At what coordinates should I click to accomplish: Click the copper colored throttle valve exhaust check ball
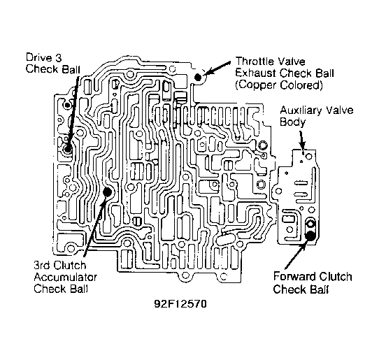tap(198, 77)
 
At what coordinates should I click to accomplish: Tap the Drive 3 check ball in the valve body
tap(67, 149)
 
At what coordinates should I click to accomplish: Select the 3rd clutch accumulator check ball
tap(107, 192)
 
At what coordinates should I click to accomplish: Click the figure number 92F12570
tap(180, 303)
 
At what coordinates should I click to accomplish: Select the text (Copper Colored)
tap(279, 85)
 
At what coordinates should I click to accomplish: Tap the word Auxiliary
tap(301, 110)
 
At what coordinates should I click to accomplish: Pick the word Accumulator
tap(65, 277)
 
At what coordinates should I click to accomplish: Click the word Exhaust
tap(256, 73)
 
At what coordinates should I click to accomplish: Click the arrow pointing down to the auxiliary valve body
tap(301, 141)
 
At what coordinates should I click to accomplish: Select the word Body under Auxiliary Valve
tap(292, 122)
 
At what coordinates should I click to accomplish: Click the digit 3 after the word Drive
tap(58, 57)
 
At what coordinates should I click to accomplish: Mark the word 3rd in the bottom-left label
tap(43, 265)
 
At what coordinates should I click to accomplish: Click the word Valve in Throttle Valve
tap(291, 62)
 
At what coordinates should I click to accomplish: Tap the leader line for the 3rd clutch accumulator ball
tap(95, 225)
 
